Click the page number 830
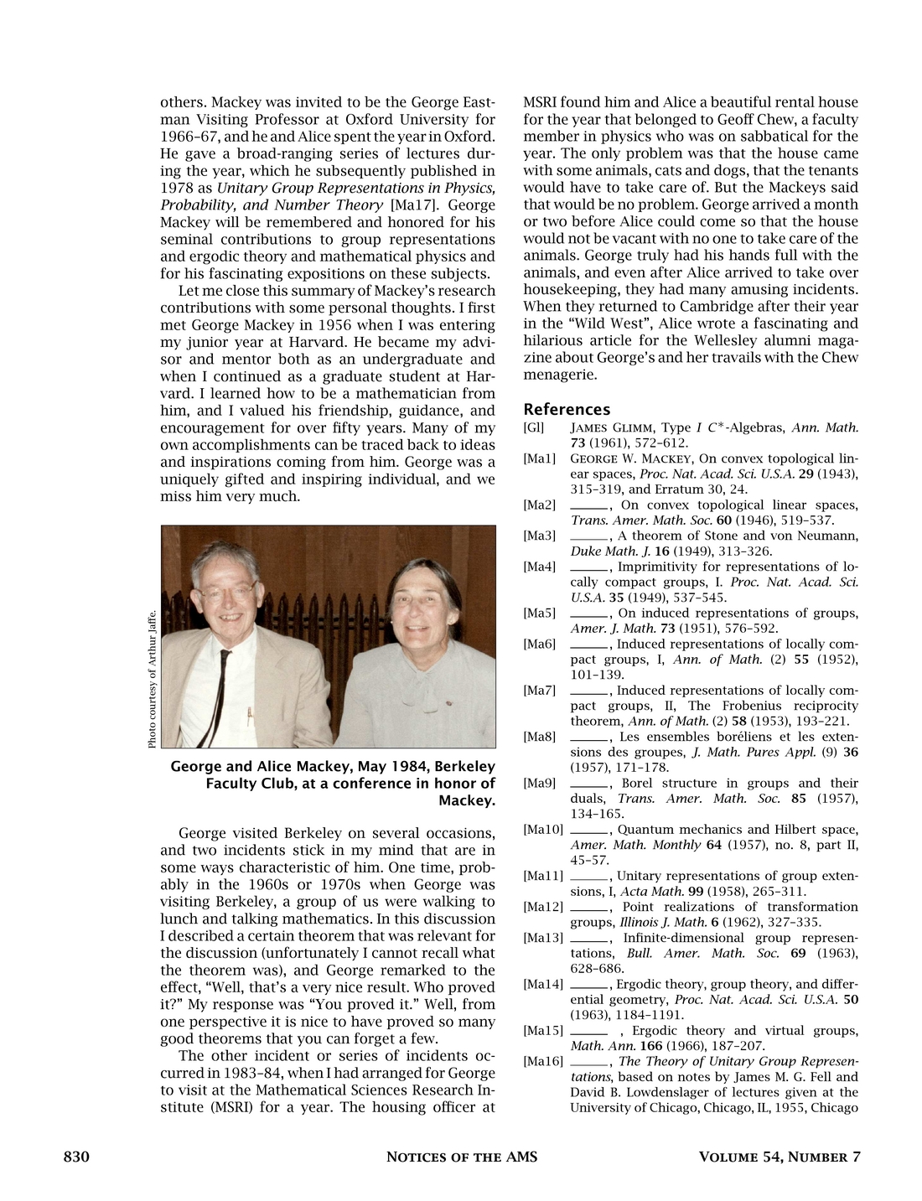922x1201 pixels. click(x=76, y=1157)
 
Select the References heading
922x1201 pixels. click(x=567, y=409)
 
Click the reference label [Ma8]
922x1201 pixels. click(x=539, y=738)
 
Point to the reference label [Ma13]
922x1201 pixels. click(x=542, y=938)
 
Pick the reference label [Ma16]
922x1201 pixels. click(x=542, y=1062)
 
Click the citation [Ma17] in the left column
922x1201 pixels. click(x=410, y=205)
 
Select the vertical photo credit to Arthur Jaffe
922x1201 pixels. click(x=152, y=678)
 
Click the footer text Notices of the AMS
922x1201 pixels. click(x=461, y=1157)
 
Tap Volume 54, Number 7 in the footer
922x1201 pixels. click(x=780, y=1157)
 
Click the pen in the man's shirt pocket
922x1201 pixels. click(x=249, y=717)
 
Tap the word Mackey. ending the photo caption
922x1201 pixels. click(x=467, y=800)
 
